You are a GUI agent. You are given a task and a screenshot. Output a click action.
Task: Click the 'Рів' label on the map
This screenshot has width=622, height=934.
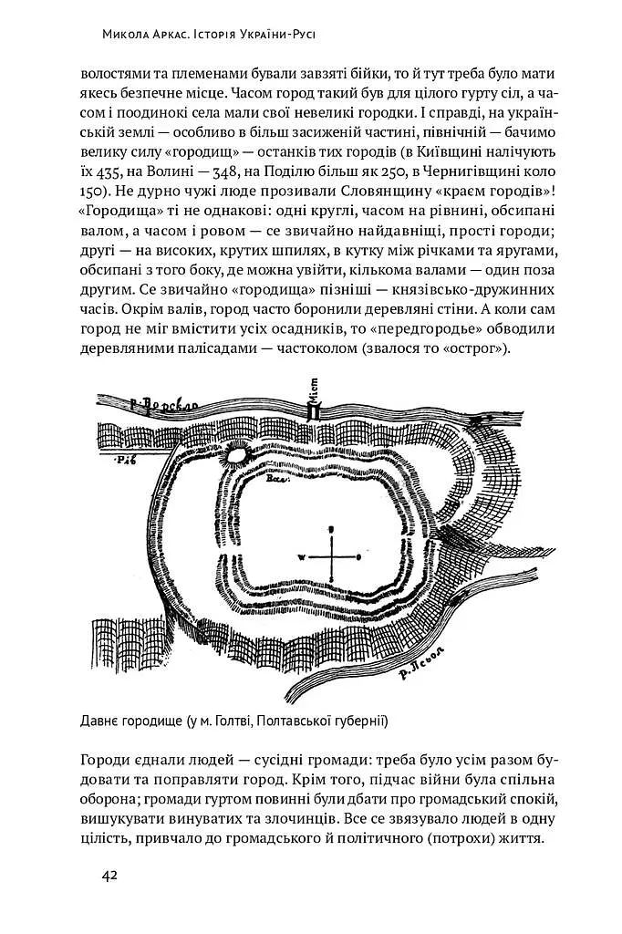[x=125, y=462]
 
